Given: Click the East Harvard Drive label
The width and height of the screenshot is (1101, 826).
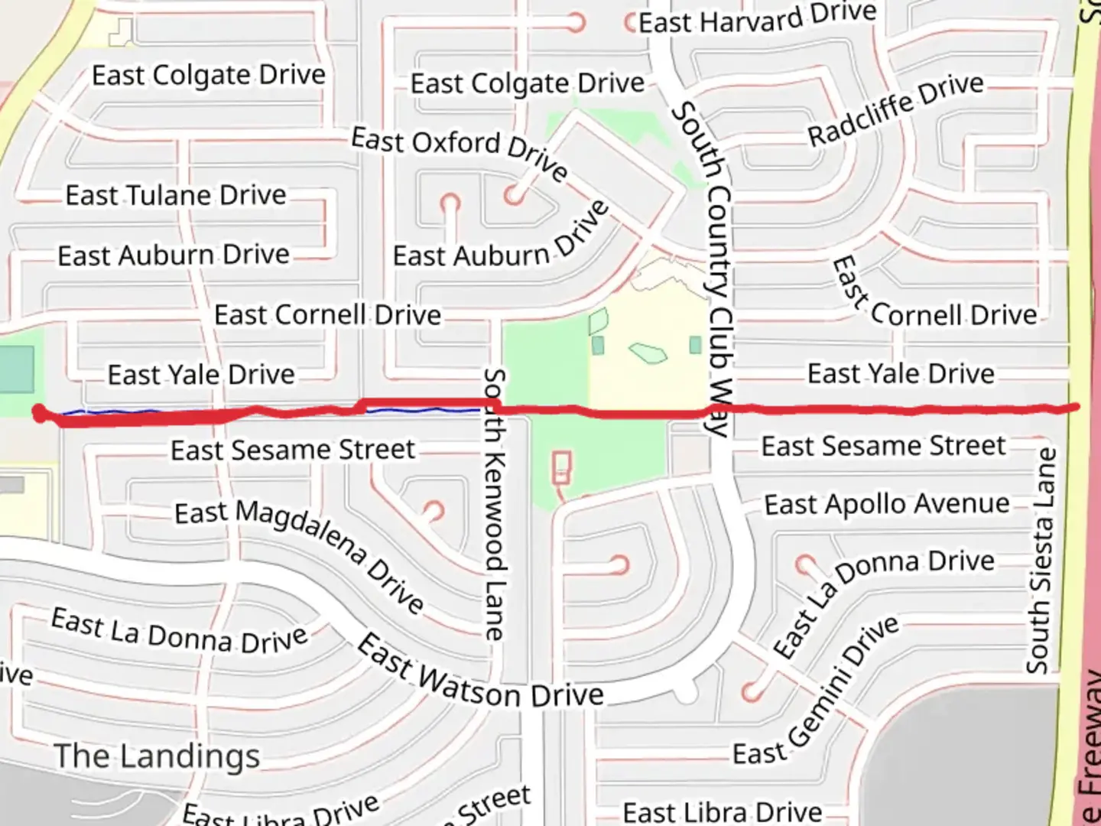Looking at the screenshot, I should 757,19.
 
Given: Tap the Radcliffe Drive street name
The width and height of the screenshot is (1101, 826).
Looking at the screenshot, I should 895,109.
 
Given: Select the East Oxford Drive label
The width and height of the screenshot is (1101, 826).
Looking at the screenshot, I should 460,153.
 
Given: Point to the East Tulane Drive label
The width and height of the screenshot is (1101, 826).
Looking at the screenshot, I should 176,195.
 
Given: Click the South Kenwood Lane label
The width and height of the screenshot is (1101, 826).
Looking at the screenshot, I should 495,505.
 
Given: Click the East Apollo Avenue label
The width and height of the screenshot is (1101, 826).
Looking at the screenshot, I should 887,504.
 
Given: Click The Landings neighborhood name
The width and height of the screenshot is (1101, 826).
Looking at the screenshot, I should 157,756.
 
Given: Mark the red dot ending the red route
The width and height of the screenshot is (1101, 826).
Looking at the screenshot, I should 39,414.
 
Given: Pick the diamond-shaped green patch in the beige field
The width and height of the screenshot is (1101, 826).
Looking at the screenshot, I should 648,353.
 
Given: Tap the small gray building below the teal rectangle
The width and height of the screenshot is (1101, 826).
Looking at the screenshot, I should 11,484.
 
